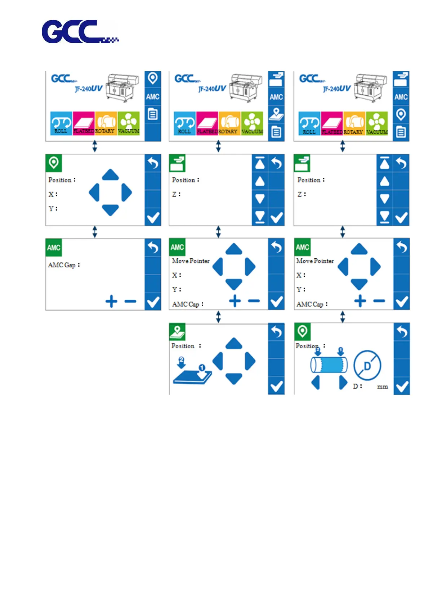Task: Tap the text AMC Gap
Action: (x=62, y=265)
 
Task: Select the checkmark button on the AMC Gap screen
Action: (x=153, y=302)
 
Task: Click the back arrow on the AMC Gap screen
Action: (x=153, y=247)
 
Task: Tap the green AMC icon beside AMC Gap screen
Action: (x=54, y=248)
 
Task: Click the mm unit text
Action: (x=382, y=386)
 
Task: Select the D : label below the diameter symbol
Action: (x=357, y=386)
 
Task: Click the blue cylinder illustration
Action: (x=329, y=365)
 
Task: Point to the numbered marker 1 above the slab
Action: (x=202, y=367)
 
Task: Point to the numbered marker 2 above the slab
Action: (x=182, y=360)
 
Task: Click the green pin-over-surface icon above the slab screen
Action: (x=177, y=331)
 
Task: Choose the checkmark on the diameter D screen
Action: (x=402, y=386)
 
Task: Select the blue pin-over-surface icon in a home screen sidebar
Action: (x=276, y=114)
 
